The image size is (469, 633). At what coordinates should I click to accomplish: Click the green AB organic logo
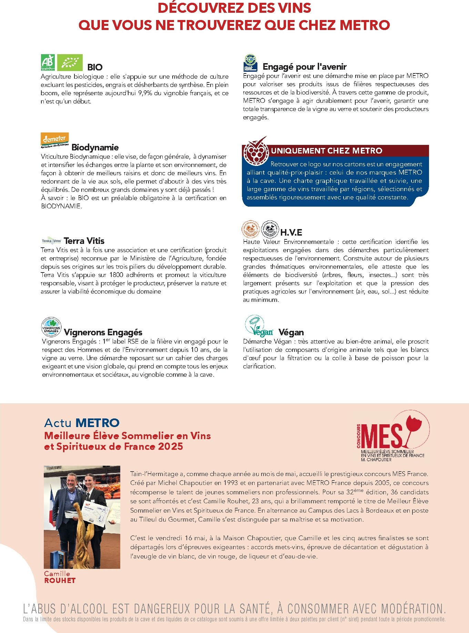(x=48, y=62)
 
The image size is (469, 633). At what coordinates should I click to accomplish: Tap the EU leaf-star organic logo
(x=70, y=62)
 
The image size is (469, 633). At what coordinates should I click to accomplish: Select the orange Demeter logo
(x=54, y=140)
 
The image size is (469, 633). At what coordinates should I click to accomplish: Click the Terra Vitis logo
(x=51, y=241)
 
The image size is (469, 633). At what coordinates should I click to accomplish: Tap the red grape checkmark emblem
(x=255, y=151)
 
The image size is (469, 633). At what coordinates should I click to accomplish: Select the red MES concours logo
(x=393, y=435)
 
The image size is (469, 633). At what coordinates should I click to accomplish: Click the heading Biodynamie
(x=95, y=148)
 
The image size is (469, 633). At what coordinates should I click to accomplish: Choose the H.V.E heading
(x=291, y=233)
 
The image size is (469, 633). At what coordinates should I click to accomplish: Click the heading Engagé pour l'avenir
(x=304, y=67)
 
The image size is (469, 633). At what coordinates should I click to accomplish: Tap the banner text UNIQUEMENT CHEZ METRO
(x=326, y=151)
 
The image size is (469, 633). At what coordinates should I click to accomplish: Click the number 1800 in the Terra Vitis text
(x=116, y=275)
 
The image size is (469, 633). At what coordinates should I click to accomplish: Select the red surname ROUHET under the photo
(x=60, y=580)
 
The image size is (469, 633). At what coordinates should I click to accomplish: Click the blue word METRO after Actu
(x=97, y=423)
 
